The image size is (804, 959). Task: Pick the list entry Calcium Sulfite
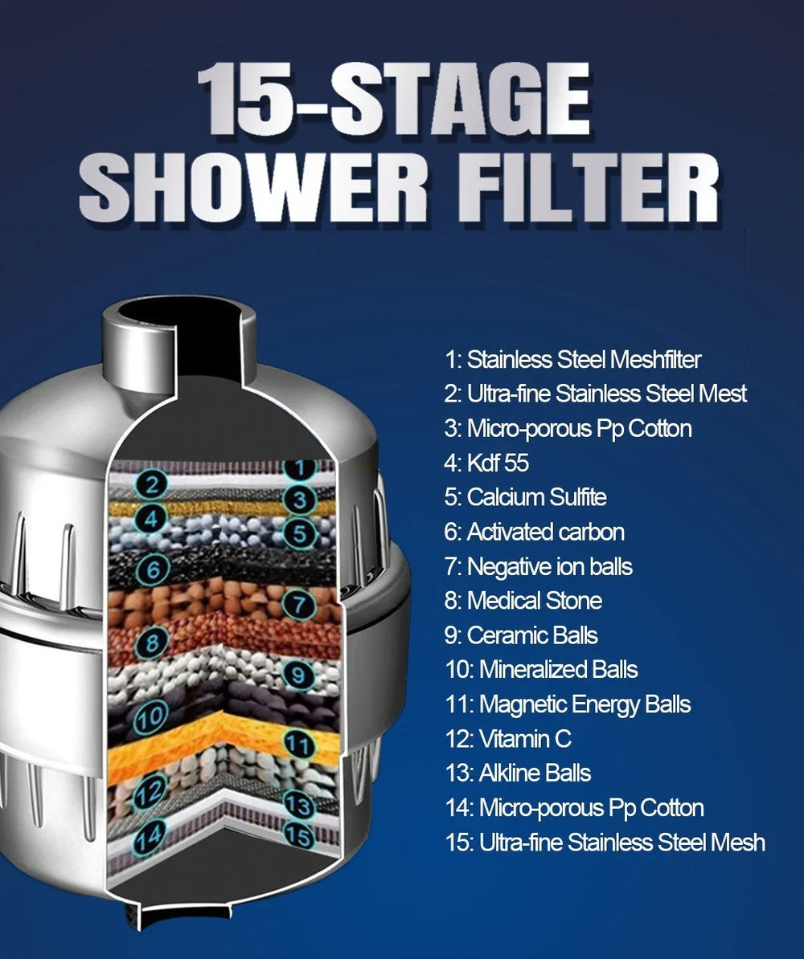coord(525,498)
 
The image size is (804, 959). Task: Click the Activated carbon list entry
coord(534,533)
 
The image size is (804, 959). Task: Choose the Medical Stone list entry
coord(523,601)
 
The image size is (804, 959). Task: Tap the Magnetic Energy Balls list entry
coord(567,704)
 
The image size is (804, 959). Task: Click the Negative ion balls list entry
coord(538,567)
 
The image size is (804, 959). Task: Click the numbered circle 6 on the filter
coord(151,569)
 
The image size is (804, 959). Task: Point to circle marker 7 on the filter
coord(300,603)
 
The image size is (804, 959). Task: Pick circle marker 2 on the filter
coord(150,484)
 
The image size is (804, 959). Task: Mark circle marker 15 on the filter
coord(299,836)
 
